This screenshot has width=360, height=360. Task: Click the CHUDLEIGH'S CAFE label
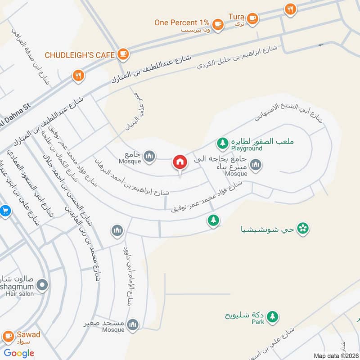(x=79, y=55)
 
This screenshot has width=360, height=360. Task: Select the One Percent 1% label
(x=182, y=22)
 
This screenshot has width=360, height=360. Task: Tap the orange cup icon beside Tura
(x=252, y=18)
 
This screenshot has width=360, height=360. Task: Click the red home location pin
(x=180, y=163)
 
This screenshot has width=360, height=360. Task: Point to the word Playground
(x=247, y=148)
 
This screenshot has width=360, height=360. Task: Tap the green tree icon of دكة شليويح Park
(x=272, y=317)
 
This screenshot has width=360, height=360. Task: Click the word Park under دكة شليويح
(x=257, y=322)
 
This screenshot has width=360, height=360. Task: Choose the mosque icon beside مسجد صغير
(x=133, y=324)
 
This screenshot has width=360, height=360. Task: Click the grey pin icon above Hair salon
(x=42, y=284)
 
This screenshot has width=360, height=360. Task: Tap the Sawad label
(x=29, y=334)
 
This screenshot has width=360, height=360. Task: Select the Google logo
(x=19, y=353)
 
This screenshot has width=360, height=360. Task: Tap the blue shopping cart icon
(x=4, y=210)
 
